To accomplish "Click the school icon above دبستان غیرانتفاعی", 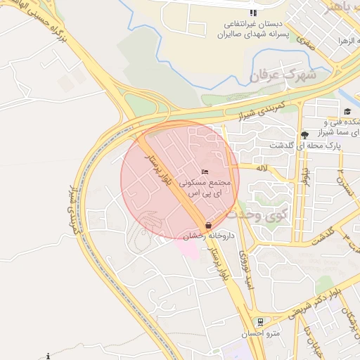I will [x=253, y=13].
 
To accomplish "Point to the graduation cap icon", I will [x=347, y=111].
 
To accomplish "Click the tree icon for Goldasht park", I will [x=304, y=135].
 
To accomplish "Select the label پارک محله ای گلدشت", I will [x=307, y=145].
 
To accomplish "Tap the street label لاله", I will [x=262, y=168].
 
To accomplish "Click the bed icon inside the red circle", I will [x=205, y=172].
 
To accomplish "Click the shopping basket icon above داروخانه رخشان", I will [x=208, y=226].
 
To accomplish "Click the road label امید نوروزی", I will [x=247, y=271].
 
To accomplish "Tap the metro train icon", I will [x=261, y=322].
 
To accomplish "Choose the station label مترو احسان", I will [x=257, y=333].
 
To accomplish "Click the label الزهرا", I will [x=347, y=41].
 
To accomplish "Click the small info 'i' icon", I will [x=48, y=356].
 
